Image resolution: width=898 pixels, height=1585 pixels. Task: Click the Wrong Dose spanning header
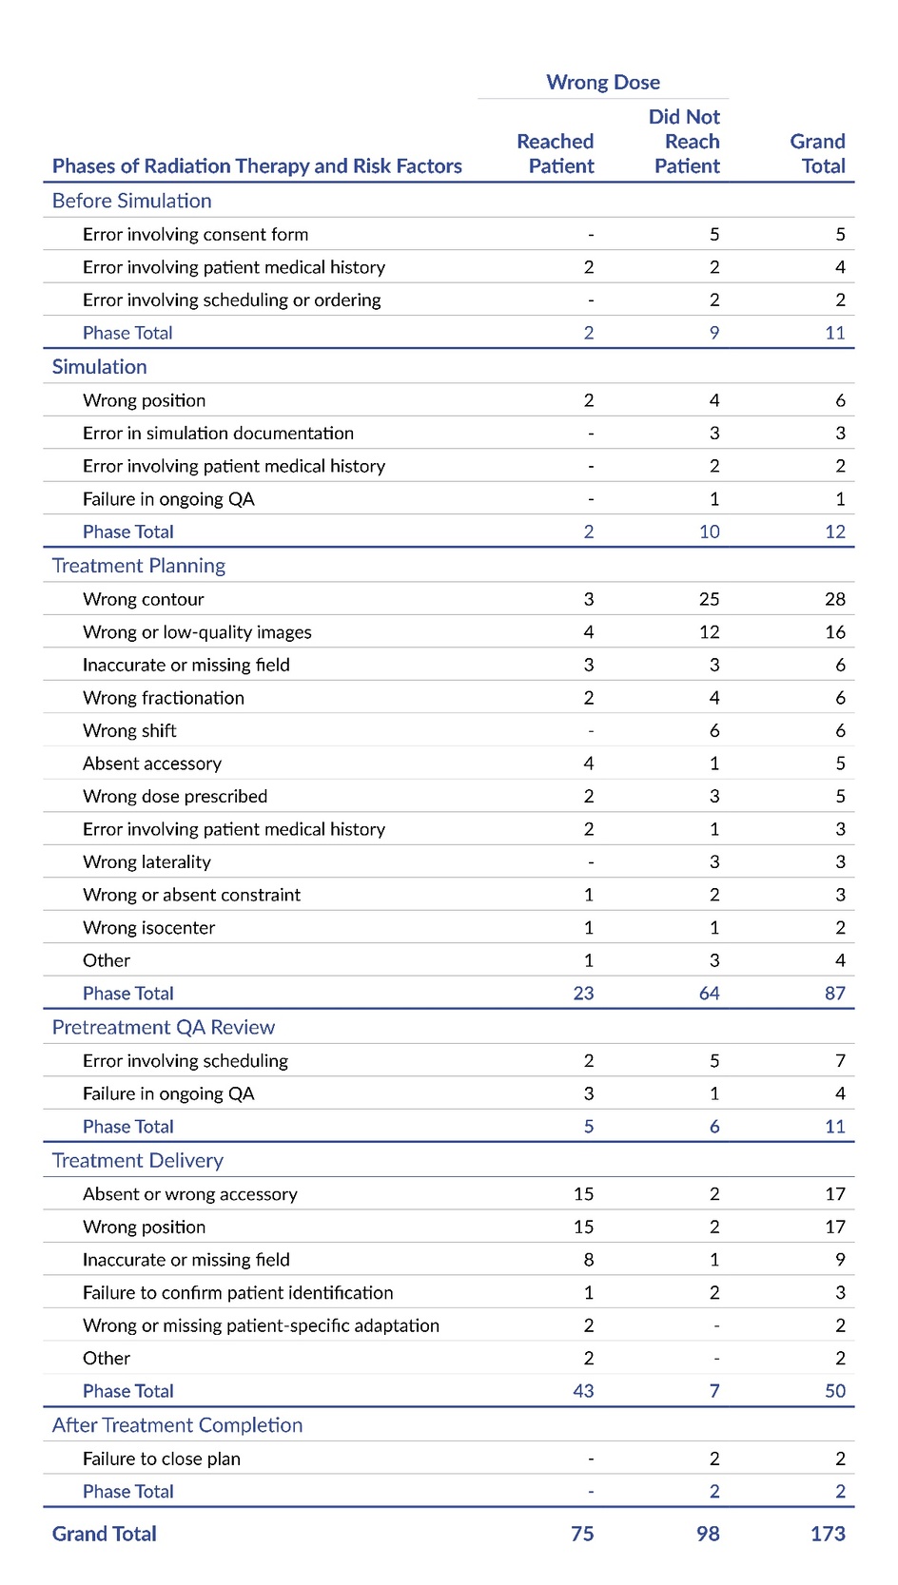point(602,83)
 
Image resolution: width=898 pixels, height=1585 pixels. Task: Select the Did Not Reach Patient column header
point(686,142)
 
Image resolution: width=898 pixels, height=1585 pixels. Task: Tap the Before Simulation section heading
point(131,201)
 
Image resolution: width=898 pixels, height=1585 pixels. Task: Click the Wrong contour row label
point(143,599)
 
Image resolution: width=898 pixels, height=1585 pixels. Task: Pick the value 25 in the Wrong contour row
point(709,599)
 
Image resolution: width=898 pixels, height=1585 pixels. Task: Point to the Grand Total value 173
point(828,1534)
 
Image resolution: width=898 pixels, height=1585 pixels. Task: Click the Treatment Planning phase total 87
point(834,994)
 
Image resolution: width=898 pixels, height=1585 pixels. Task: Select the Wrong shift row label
point(129,730)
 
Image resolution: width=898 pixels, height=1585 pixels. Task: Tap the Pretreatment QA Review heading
point(163,1027)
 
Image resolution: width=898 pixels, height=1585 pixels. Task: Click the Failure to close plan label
point(161,1459)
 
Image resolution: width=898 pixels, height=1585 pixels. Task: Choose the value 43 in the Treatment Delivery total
point(583,1391)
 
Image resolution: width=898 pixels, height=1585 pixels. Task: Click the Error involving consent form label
point(195,234)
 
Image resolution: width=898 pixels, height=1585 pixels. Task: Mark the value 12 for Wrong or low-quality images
point(709,632)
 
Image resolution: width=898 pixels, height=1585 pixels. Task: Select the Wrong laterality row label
point(146,862)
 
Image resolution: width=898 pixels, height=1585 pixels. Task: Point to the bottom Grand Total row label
point(104,1534)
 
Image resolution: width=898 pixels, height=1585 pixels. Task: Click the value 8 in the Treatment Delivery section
point(589,1260)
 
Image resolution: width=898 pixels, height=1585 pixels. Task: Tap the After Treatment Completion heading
point(177,1425)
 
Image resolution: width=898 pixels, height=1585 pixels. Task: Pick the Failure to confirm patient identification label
point(238,1293)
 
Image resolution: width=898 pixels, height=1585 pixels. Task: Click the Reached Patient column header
point(556,154)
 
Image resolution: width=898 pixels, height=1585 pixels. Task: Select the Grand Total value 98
point(708,1534)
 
